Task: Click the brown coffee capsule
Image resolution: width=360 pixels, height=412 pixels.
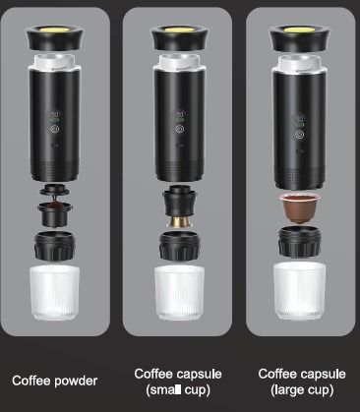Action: click(x=299, y=207)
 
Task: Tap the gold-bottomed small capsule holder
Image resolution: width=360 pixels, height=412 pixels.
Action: click(x=179, y=206)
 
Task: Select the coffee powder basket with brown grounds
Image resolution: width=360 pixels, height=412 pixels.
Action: click(x=55, y=214)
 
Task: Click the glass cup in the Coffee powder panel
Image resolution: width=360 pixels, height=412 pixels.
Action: click(x=55, y=293)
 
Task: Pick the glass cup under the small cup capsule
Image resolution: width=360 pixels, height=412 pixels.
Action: click(x=179, y=293)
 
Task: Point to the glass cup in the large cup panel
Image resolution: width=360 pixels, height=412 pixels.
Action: click(x=299, y=291)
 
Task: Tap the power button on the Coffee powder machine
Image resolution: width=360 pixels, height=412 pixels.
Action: click(x=54, y=129)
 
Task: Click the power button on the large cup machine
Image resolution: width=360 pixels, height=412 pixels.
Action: click(x=299, y=135)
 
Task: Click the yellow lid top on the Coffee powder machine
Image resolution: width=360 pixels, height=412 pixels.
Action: click(x=55, y=29)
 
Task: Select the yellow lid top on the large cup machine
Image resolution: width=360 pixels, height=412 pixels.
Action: click(x=299, y=30)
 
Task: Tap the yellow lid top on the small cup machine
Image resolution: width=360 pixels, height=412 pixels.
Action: click(x=179, y=29)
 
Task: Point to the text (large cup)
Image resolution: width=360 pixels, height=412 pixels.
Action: click(x=302, y=390)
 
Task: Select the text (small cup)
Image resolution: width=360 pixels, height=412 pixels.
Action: click(x=178, y=390)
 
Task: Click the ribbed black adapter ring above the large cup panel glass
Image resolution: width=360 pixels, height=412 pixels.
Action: click(x=299, y=242)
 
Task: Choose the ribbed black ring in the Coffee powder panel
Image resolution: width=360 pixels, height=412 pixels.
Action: click(x=55, y=246)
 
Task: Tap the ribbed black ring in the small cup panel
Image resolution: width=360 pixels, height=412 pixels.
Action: click(x=179, y=246)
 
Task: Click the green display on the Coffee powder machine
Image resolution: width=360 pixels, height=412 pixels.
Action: click(x=54, y=117)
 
